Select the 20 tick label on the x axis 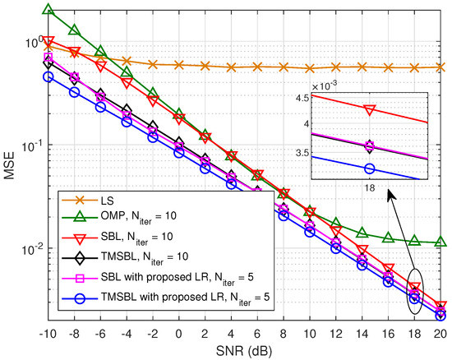440,334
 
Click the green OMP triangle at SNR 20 440,242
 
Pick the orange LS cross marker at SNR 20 440,67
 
